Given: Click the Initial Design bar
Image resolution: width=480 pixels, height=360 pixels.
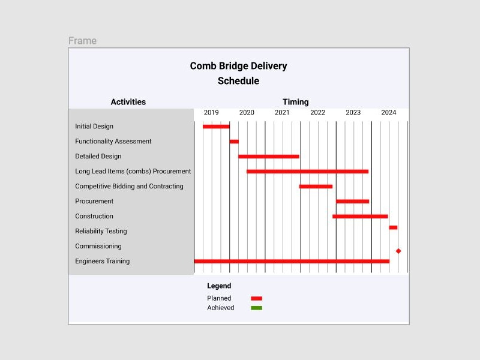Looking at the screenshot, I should (x=216, y=127).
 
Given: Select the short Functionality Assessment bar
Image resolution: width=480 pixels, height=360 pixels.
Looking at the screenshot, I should (x=234, y=142).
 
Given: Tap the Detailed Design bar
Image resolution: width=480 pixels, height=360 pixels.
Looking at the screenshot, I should (x=269, y=157).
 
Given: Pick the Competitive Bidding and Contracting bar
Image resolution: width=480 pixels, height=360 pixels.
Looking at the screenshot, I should (x=316, y=187).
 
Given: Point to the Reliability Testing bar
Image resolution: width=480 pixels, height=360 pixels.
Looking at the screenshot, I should (x=393, y=227).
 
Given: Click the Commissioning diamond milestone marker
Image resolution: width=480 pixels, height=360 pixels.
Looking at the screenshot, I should (x=398, y=251).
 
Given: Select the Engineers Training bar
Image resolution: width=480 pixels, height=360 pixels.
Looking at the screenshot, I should (x=292, y=261).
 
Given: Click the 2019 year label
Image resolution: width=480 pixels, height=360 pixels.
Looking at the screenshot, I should (x=211, y=112).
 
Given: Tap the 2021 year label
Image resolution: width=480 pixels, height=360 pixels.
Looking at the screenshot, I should (x=282, y=112).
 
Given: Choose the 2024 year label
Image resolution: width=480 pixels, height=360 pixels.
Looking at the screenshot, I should (x=389, y=112).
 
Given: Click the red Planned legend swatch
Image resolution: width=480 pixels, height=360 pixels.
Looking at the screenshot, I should (x=256, y=298).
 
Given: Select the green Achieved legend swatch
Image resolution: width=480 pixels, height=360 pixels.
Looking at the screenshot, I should (x=256, y=308).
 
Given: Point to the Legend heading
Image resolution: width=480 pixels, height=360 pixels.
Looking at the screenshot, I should (x=219, y=286).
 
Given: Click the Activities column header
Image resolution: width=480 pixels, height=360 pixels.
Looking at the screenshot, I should (x=128, y=102).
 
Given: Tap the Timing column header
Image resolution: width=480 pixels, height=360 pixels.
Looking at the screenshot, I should (x=296, y=102).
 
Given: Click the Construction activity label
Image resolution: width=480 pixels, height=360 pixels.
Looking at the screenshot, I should (x=94, y=216).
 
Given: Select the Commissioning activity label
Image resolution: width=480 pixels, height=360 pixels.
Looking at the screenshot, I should (x=98, y=246).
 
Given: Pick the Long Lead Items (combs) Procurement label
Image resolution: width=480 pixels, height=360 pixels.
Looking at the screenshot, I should (x=133, y=171).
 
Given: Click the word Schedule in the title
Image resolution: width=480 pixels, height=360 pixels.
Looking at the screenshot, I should (x=238, y=81).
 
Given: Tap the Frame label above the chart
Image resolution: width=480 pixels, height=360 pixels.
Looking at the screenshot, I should (x=82, y=41).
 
